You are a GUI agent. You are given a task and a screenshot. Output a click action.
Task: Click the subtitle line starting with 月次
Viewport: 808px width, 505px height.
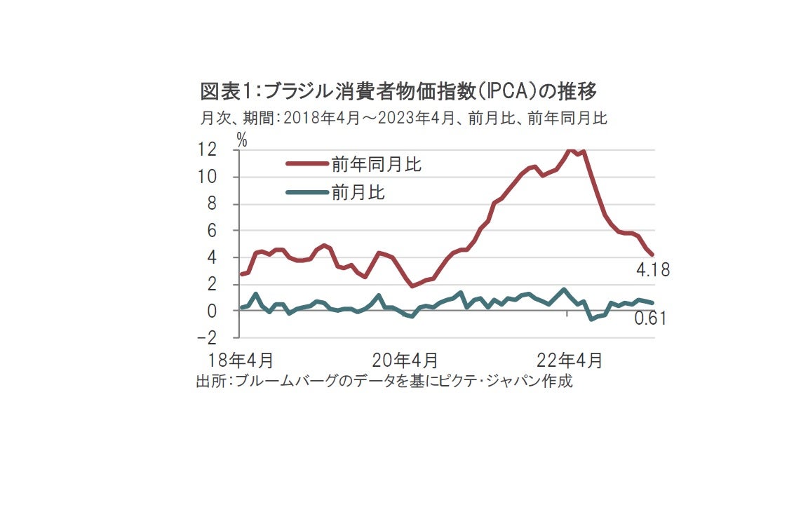(403, 118)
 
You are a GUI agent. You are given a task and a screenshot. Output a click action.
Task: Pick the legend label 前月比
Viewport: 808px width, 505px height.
(358, 192)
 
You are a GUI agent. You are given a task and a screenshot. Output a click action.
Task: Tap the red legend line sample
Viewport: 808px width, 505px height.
(307, 164)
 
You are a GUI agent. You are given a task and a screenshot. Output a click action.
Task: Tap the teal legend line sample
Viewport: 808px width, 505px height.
(307, 192)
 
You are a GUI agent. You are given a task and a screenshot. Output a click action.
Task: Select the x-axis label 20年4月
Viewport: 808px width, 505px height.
(405, 361)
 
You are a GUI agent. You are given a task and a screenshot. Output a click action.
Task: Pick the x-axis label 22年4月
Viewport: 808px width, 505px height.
(569, 361)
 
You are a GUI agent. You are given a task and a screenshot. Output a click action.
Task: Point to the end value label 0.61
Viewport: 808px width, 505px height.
(649, 319)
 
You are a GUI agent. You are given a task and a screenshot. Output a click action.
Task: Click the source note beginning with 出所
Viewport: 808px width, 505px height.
(384, 382)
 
